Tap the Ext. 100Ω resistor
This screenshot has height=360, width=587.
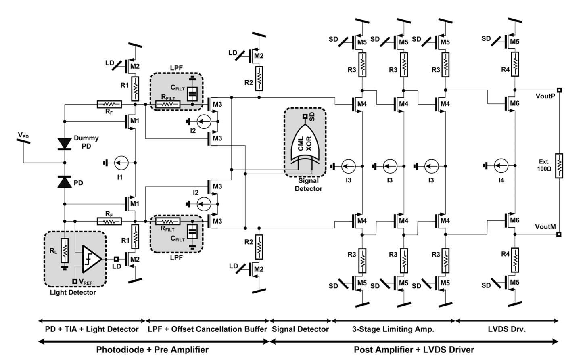(x=559, y=165)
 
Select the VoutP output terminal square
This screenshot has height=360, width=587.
(x=559, y=90)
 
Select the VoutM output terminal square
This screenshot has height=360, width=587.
(x=559, y=234)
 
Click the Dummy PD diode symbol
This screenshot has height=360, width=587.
(x=65, y=143)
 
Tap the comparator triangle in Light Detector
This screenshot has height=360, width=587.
(x=91, y=258)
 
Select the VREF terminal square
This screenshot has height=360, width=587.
(x=75, y=281)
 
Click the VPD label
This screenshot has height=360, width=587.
(x=23, y=135)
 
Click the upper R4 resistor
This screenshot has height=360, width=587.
(x=515, y=64)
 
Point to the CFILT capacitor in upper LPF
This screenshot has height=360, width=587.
(x=192, y=94)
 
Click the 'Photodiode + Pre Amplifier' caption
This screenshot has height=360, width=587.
(x=152, y=350)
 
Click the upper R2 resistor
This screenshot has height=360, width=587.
(x=259, y=78)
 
